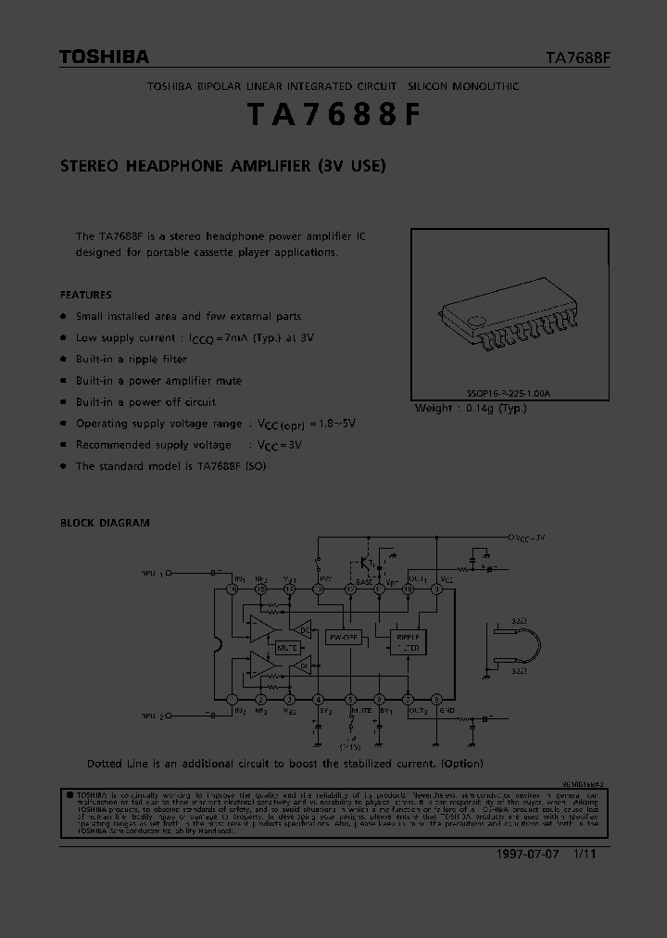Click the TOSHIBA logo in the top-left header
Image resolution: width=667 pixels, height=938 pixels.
104,57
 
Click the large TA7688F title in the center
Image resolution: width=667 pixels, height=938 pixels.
333,115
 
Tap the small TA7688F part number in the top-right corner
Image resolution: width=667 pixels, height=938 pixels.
577,57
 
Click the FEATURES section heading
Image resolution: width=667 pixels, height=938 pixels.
86,295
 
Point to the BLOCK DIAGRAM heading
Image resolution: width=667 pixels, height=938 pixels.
105,523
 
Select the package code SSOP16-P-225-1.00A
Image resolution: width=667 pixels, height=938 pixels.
509,394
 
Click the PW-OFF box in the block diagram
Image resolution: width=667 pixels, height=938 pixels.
344,638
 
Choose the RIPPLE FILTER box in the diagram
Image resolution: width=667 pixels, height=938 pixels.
409,643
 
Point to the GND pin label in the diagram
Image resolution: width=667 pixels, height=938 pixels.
447,711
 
